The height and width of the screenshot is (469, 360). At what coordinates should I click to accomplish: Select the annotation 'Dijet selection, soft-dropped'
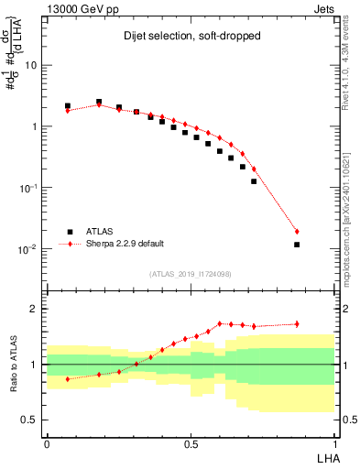[x=191, y=37]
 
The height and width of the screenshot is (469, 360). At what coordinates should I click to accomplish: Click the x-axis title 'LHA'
[x=323, y=455]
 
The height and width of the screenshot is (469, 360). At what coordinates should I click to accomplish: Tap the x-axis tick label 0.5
[x=191, y=442]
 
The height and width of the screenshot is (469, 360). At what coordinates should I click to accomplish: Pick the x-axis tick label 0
[x=47, y=442]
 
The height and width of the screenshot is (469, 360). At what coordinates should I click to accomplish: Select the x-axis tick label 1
[x=334, y=442]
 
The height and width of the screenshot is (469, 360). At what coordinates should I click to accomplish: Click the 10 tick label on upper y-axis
[x=31, y=66]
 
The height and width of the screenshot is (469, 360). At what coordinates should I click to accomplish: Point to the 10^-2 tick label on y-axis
[x=29, y=248]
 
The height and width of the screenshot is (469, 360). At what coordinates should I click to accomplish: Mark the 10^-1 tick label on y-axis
[x=29, y=187]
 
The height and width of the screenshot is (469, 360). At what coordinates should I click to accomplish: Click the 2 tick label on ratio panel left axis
[x=35, y=309]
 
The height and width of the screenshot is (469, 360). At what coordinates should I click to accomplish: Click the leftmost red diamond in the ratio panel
[x=68, y=378]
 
